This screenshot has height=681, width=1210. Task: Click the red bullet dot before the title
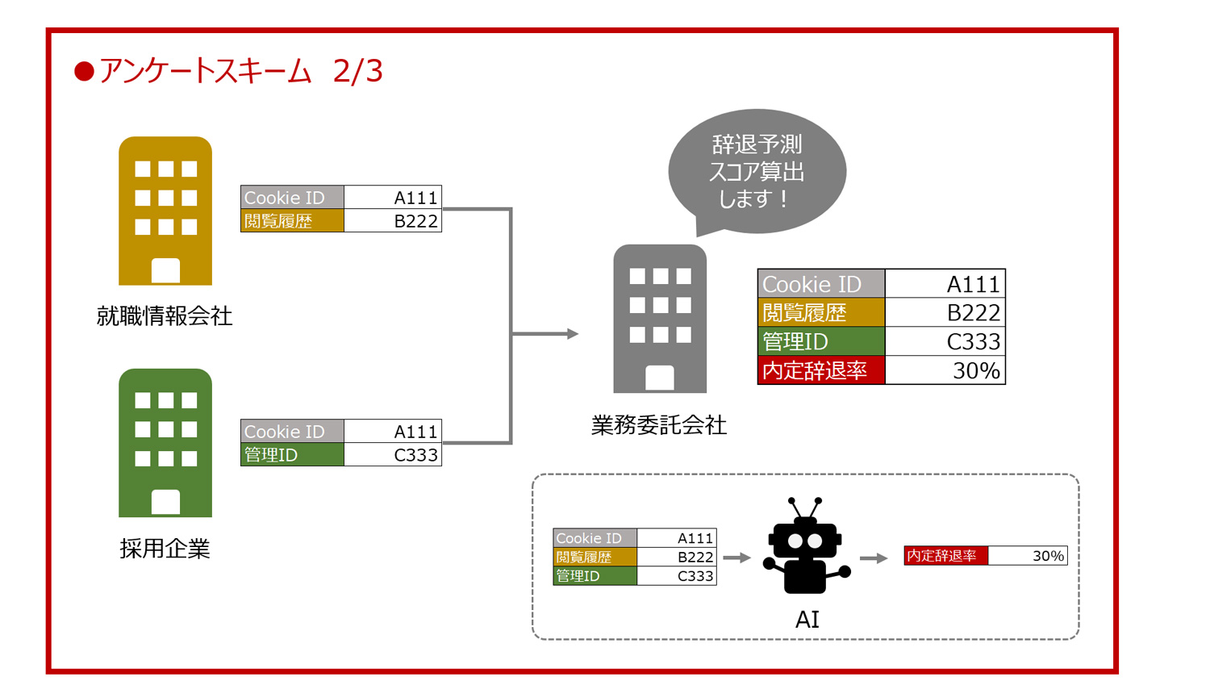(x=84, y=72)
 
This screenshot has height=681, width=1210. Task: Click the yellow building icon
(x=165, y=211)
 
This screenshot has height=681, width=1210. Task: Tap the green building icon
(x=165, y=443)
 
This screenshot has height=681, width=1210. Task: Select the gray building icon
(x=660, y=319)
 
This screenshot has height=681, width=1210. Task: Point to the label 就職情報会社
(x=165, y=315)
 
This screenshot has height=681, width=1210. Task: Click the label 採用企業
(x=165, y=549)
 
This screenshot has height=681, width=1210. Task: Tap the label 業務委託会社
(x=659, y=425)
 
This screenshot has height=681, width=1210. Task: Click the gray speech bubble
(x=757, y=171)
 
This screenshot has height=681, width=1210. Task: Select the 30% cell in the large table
(x=945, y=370)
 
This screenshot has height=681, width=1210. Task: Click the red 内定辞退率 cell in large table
(x=821, y=370)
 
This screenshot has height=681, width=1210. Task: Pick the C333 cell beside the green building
(x=393, y=455)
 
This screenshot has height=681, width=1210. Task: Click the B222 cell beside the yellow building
(x=393, y=221)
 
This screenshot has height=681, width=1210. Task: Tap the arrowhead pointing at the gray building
(x=572, y=333)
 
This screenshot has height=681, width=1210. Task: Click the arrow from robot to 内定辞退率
(x=874, y=558)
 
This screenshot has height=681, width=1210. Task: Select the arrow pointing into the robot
(x=736, y=558)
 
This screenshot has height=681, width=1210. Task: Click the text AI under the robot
(x=807, y=620)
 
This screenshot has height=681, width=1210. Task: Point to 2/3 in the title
(x=357, y=71)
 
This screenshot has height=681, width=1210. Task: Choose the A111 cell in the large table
(x=945, y=284)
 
